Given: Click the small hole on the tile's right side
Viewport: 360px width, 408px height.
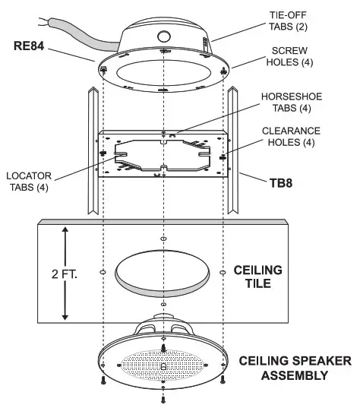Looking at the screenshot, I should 221,270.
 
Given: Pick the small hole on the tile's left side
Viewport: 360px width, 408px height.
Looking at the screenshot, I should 103,270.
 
